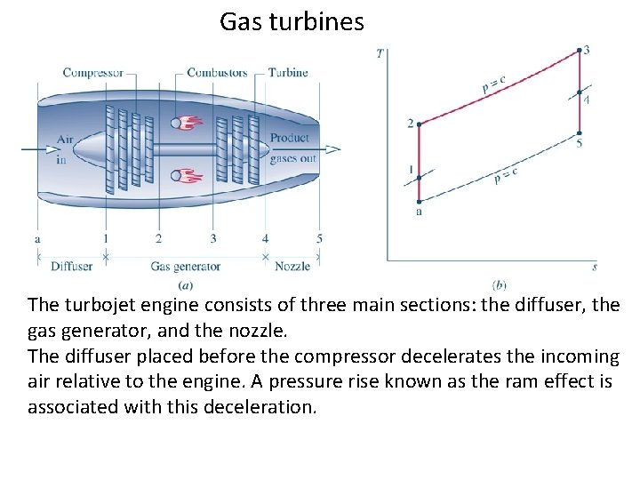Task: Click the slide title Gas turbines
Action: pyautogui.click(x=292, y=21)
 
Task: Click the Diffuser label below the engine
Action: pyautogui.click(x=71, y=266)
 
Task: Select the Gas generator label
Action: pyautogui.click(x=185, y=266)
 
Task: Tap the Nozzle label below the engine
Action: pyautogui.click(x=292, y=266)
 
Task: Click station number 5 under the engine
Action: pyautogui.click(x=319, y=238)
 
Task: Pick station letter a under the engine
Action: pyautogui.click(x=37, y=238)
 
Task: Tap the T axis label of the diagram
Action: pyautogui.click(x=380, y=53)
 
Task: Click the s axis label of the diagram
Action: pyautogui.click(x=594, y=266)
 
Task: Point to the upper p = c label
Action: pyautogui.click(x=494, y=84)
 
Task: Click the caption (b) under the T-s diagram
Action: pyautogui.click(x=499, y=284)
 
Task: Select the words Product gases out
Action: pyautogui.click(x=291, y=148)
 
